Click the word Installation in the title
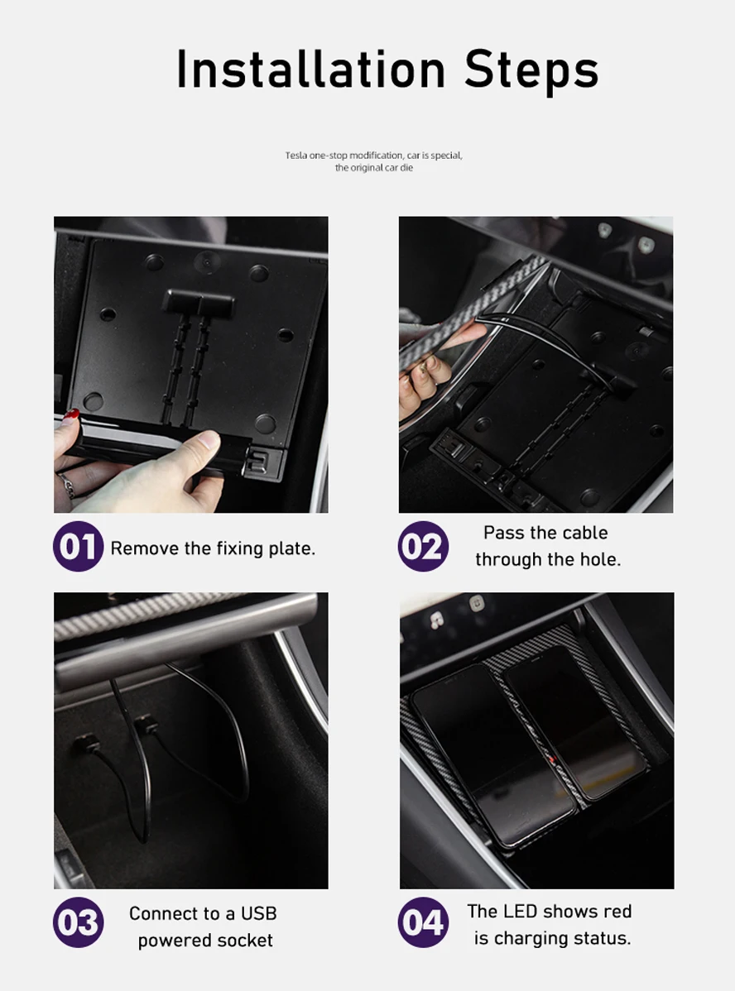click(x=311, y=69)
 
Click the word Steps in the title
click(x=531, y=71)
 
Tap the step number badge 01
click(x=78, y=547)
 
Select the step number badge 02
click(x=423, y=547)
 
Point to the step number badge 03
click(x=78, y=922)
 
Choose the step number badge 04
click(x=423, y=922)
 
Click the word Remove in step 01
click(x=144, y=548)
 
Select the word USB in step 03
click(x=259, y=913)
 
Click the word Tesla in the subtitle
click(x=295, y=156)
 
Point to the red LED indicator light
click(x=552, y=759)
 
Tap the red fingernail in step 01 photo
click(x=72, y=414)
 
